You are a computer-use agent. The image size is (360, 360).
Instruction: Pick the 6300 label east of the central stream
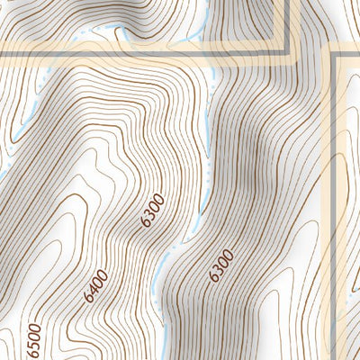[x=220, y=265]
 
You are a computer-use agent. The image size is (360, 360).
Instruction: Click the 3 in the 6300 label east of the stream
[x=219, y=269]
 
